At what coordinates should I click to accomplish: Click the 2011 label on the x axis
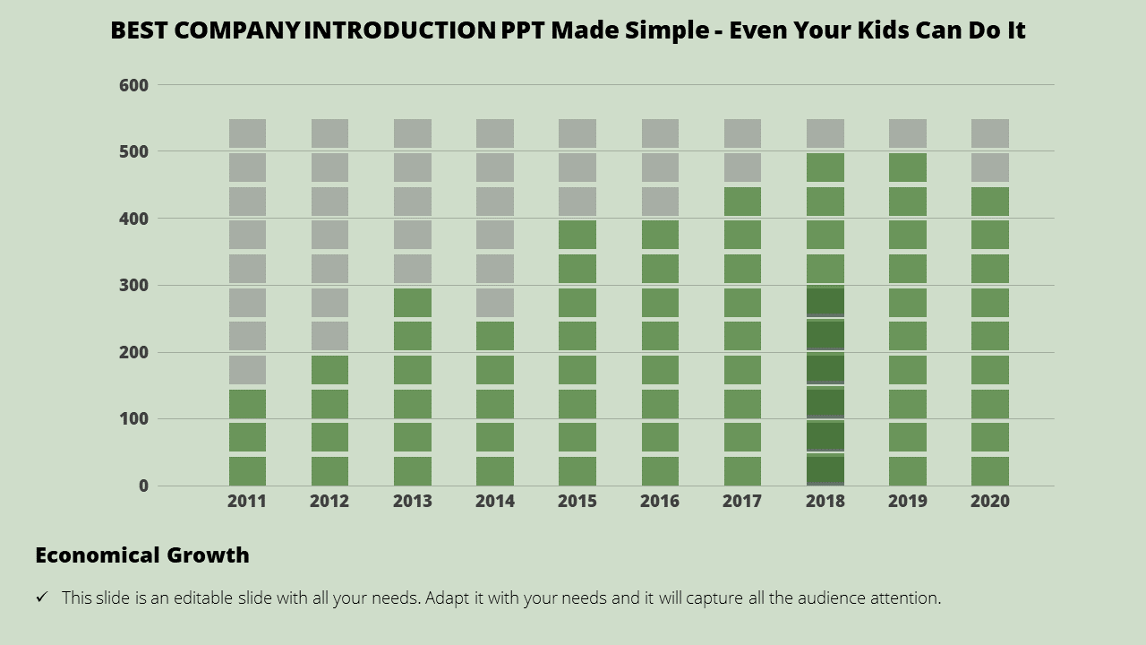[x=247, y=502]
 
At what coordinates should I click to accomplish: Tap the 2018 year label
[x=825, y=502]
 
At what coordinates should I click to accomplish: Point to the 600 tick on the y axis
[x=133, y=85]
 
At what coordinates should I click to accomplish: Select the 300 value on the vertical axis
[x=133, y=286]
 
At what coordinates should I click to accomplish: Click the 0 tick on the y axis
[x=143, y=486]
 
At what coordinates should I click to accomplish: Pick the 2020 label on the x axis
[x=989, y=502]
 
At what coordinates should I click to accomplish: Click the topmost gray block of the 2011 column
[x=247, y=133]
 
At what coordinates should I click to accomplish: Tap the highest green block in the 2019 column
[x=907, y=168]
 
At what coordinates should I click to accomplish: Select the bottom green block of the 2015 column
[x=577, y=470]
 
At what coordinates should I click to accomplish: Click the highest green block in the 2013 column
[x=413, y=302]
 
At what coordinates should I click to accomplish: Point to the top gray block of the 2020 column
[x=989, y=133]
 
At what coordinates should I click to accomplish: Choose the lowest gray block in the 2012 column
[x=329, y=336]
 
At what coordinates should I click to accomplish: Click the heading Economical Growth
[x=142, y=555]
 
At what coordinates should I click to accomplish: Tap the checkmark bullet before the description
[x=42, y=598]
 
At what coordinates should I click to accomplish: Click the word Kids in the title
[x=863, y=30]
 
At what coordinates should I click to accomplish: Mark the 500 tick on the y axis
[x=133, y=152]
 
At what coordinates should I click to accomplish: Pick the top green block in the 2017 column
[x=742, y=202]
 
